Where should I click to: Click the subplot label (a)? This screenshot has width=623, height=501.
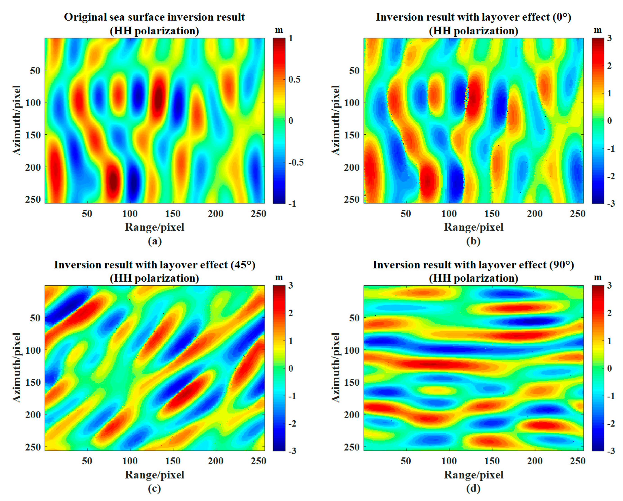point(155,241)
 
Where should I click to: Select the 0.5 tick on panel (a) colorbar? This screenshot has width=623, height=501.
point(295,79)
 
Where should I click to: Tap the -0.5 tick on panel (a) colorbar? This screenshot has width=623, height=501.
point(296,162)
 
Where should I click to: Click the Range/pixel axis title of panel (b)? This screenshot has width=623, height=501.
point(473,227)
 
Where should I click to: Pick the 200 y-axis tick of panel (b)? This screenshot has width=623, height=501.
point(352,167)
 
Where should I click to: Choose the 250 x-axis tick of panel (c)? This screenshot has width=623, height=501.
point(258,461)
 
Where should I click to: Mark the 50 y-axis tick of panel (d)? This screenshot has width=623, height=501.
point(354,318)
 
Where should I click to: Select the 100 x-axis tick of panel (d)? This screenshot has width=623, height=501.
point(449,461)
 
